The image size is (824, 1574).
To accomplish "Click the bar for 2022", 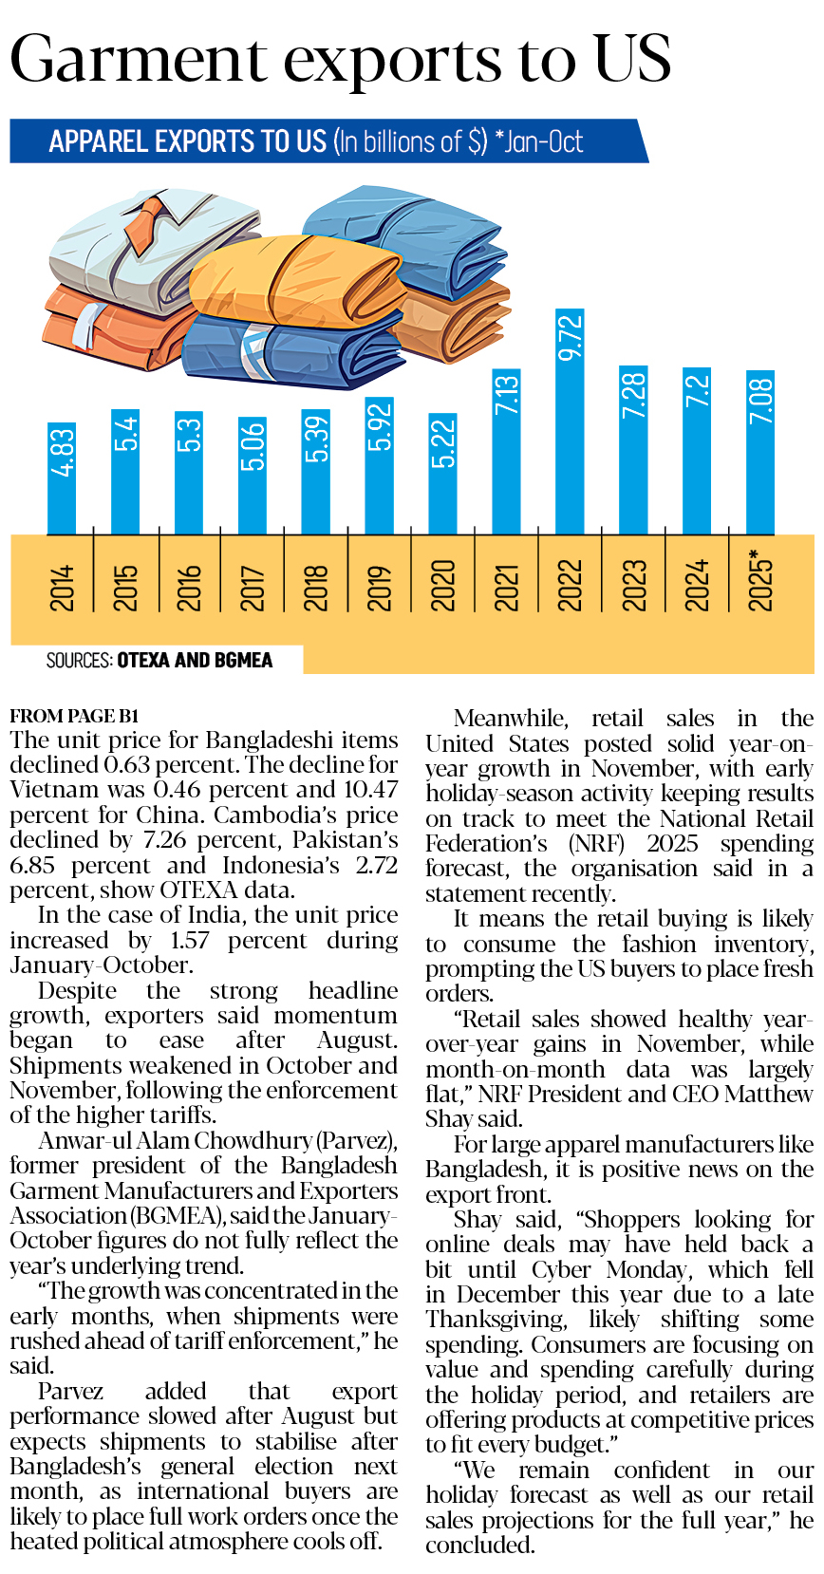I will pos(570,422).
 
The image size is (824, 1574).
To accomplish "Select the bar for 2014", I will pos(62,479).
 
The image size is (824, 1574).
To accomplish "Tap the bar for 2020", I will pos(443,475).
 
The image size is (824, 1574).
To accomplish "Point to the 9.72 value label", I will pos(570,338).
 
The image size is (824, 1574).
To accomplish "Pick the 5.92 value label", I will pos(380,428).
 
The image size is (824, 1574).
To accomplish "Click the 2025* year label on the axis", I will pos(760,580).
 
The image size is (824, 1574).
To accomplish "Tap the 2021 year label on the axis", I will pos(507,586).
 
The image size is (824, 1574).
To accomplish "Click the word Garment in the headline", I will pos(139,59).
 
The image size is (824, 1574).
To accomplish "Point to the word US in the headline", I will pos(632,59).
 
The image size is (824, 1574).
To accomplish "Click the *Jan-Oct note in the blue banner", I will pos(538,142).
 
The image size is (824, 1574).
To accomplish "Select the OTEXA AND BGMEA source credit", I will pos(195,660).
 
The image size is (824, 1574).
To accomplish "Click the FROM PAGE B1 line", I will pos(75,716).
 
